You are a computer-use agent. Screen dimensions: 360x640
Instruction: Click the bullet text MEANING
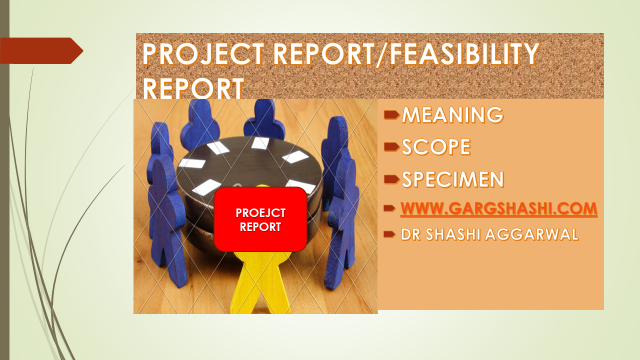(452, 116)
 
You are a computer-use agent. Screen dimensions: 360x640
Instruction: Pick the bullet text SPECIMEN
(453, 180)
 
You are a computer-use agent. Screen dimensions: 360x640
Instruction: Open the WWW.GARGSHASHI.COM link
(499, 209)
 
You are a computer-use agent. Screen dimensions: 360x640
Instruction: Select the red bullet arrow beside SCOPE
(392, 149)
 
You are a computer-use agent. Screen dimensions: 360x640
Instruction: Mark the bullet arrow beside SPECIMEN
(392, 181)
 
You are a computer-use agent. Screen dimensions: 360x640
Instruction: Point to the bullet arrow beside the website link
(391, 209)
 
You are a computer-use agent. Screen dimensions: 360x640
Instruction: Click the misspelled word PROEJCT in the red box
(260, 213)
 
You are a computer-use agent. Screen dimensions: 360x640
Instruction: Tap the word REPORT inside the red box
(260, 227)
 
